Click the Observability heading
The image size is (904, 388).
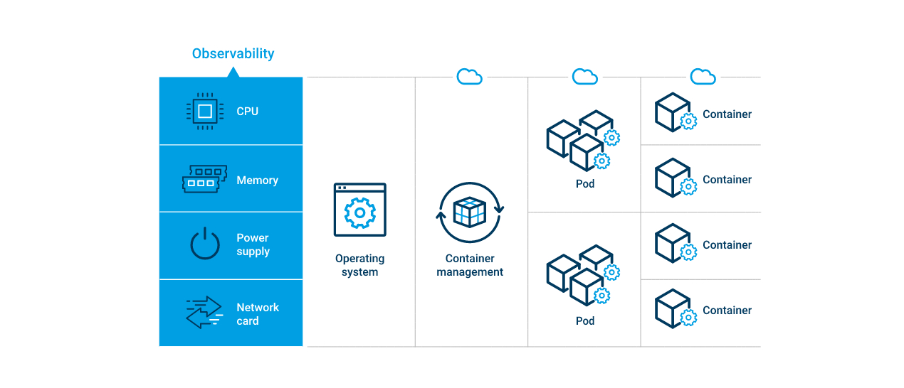[x=233, y=53]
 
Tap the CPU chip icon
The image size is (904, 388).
[x=204, y=111]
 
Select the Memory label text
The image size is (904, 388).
[x=257, y=180]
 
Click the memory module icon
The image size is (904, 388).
[x=205, y=180]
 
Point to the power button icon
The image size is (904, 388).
[x=205, y=244]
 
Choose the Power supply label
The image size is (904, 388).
[x=253, y=244]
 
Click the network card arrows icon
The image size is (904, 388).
[x=204, y=313]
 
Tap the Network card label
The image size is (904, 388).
[x=257, y=314]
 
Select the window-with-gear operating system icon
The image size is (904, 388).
[x=359, y=210]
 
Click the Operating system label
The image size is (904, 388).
[x=359, y=265]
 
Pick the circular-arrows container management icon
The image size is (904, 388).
[x=470, y=212]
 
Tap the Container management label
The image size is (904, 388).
[x=470, y=265]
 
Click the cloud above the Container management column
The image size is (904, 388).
[x=470, y=76]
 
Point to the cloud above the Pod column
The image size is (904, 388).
[x=585, y=76]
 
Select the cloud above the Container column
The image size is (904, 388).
[x=703, y=76]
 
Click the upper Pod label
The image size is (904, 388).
[x=585, y=184]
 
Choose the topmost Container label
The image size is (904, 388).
[x=727, y=114]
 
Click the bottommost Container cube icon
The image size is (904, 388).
[x=675, y=308]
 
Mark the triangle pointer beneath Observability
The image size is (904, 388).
[x=233, y=72]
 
